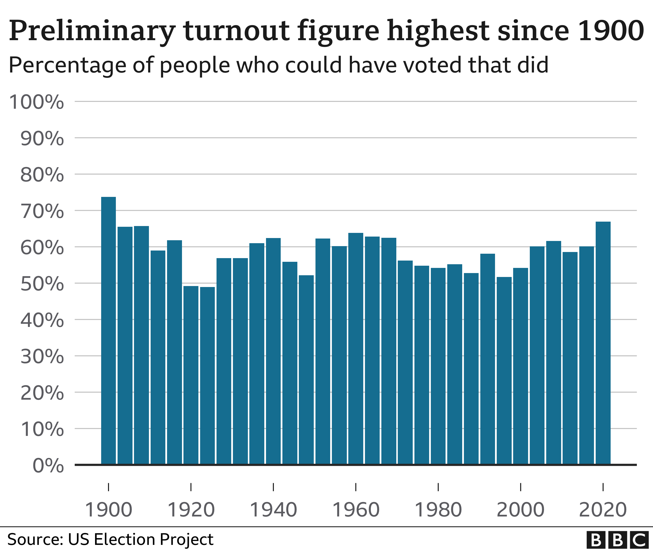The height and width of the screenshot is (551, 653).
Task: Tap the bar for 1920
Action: coord(191,375)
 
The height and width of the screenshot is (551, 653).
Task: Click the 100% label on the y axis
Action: coord(36,102)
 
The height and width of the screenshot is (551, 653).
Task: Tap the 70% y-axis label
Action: coord(42,212)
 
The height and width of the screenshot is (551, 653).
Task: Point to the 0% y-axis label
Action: coord(48,466)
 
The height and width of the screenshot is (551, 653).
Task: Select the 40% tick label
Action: coord(42,321)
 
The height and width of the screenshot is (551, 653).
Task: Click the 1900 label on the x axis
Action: coord(109,510)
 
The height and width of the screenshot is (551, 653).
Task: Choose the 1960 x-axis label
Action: coord(356,510)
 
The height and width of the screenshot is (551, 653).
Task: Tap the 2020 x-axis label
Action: coord(603,510)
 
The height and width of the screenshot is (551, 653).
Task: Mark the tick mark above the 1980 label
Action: coord(438,487)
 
